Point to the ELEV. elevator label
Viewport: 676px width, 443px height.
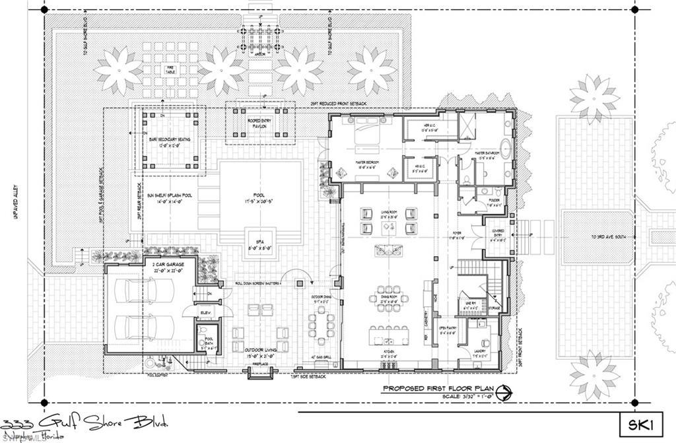coord(205,312)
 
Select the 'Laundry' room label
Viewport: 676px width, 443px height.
coord(480,351)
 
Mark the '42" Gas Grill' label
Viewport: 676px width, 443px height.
coord(323,357)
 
